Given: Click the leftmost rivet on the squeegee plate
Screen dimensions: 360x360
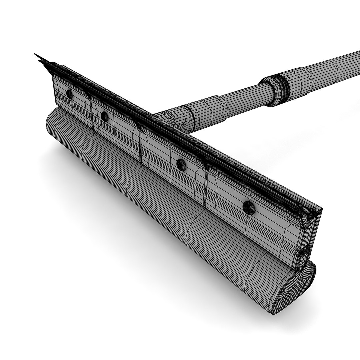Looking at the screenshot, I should click(69, 94).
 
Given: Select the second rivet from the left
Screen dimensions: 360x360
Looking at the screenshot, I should click(105, 116).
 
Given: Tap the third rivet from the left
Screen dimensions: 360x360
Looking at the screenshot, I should click(181, 164).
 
